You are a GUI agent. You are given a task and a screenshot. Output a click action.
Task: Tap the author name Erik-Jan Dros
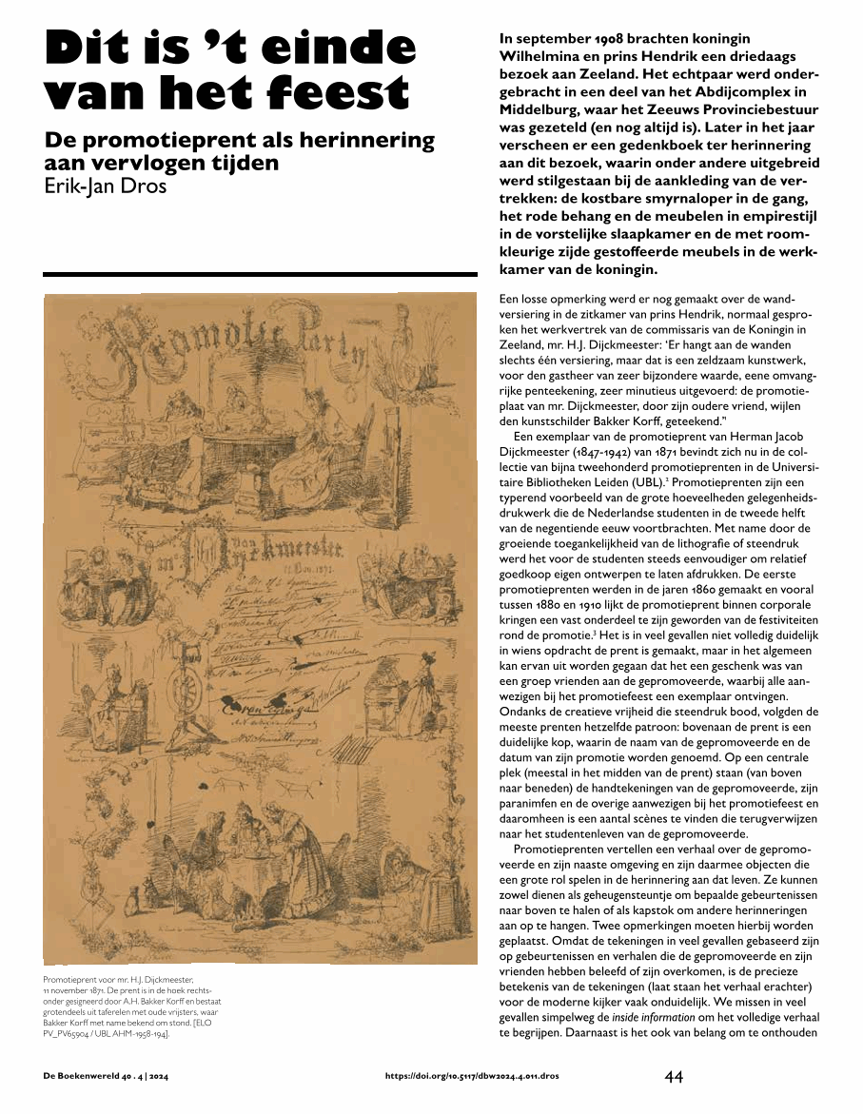point(106,186)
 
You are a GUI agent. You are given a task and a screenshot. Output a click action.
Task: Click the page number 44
point(674,1077)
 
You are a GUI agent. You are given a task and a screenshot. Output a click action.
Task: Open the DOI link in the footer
point(472,1077)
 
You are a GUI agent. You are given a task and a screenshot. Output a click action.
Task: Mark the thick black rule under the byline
point(260,275)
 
